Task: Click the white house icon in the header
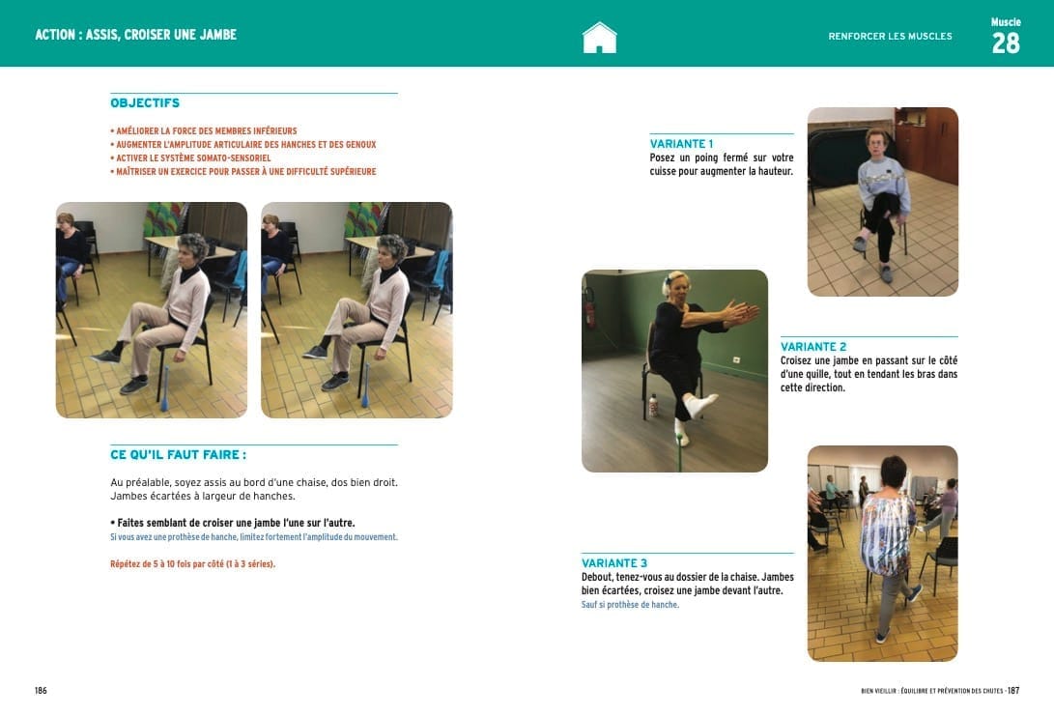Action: click(x=599, y=38)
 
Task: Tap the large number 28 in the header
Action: click(x=1006, y=43)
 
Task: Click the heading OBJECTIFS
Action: click(x=145, y=102)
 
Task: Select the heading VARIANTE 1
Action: click(x=682, y=144)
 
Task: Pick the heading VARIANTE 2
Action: click(x=813, y=347)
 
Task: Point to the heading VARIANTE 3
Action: click(x=614, y=563)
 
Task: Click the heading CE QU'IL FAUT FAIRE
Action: click(x=178, y=455)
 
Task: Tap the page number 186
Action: click(x=41, y=691)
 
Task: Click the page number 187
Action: click(x=1013, y=691)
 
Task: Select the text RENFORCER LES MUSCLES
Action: click(x=890, y=37)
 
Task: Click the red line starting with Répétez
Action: click(x=193, y=564)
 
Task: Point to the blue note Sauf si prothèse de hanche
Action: click(x=630, y=605)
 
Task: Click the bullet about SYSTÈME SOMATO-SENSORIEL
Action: click(x=190, y=158)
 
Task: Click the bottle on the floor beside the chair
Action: click(x=653, y=406)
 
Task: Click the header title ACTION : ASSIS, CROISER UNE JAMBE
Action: click(x=136, y=35)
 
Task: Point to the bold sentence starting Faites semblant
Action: click(x=233, y=523)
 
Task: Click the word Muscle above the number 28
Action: click(x=1006, y=22)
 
